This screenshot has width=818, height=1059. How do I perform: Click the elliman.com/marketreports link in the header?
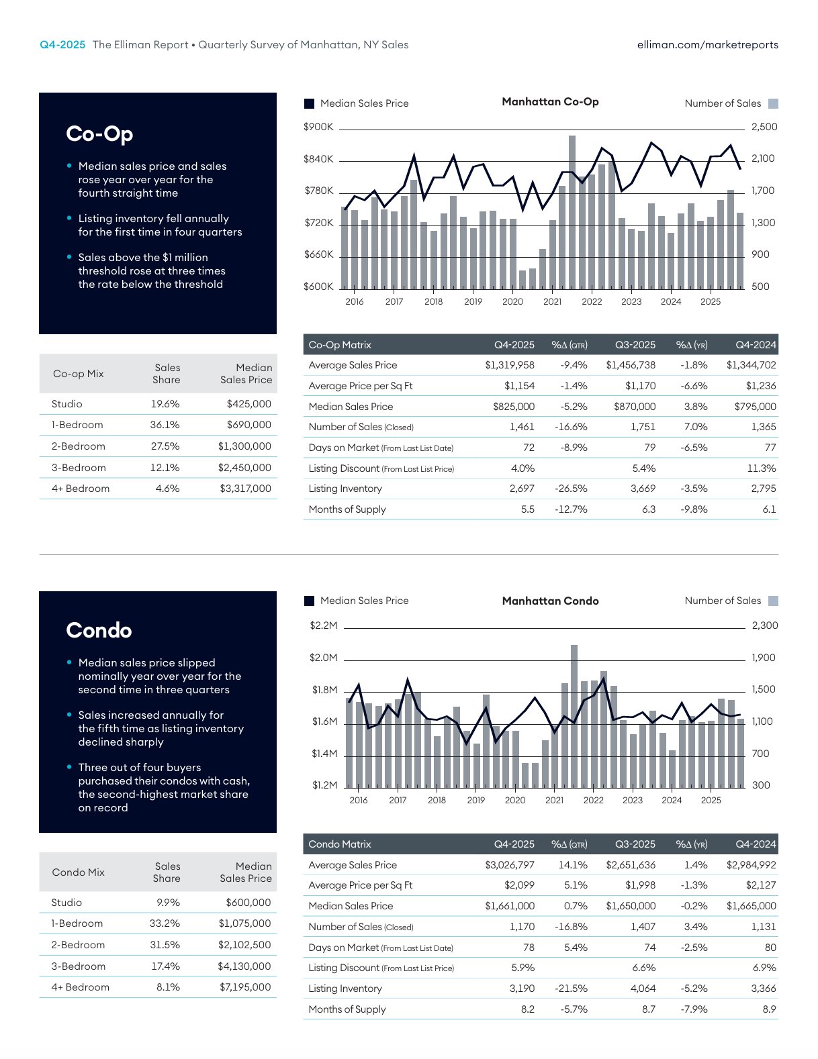point(707,45)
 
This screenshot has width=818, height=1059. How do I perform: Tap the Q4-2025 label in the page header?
point(62,45)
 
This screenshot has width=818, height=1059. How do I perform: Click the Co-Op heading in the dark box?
point(99,134)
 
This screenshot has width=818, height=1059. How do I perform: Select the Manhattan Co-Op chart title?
point(550,102)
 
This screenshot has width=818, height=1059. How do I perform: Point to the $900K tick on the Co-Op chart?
point(318,127)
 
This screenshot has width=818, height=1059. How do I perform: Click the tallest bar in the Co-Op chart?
point(572,211)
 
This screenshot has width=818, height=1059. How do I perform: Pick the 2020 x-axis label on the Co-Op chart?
point(512,302)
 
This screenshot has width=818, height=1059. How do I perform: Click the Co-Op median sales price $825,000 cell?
point(514,407)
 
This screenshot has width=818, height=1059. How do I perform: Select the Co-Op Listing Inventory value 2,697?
point(522,489)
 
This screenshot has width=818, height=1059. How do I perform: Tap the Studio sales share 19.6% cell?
point(165,404)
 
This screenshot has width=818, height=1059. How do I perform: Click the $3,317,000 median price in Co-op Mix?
point(245,489)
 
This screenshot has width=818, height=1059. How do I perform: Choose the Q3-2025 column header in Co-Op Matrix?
point(635,345)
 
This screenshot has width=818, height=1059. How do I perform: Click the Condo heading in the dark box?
point(99,631)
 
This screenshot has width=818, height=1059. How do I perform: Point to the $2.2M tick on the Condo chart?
point(324,625)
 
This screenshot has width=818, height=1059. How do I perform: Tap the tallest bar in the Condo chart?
point(574,715)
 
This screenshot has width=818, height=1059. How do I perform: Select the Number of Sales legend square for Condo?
point(773,601)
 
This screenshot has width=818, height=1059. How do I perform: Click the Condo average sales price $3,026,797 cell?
point(510,865)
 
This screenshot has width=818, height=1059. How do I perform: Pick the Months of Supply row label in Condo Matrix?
point(347,1009)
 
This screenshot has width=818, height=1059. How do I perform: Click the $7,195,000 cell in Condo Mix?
point(245,987)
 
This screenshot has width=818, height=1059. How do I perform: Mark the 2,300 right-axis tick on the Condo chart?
point(765,625)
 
